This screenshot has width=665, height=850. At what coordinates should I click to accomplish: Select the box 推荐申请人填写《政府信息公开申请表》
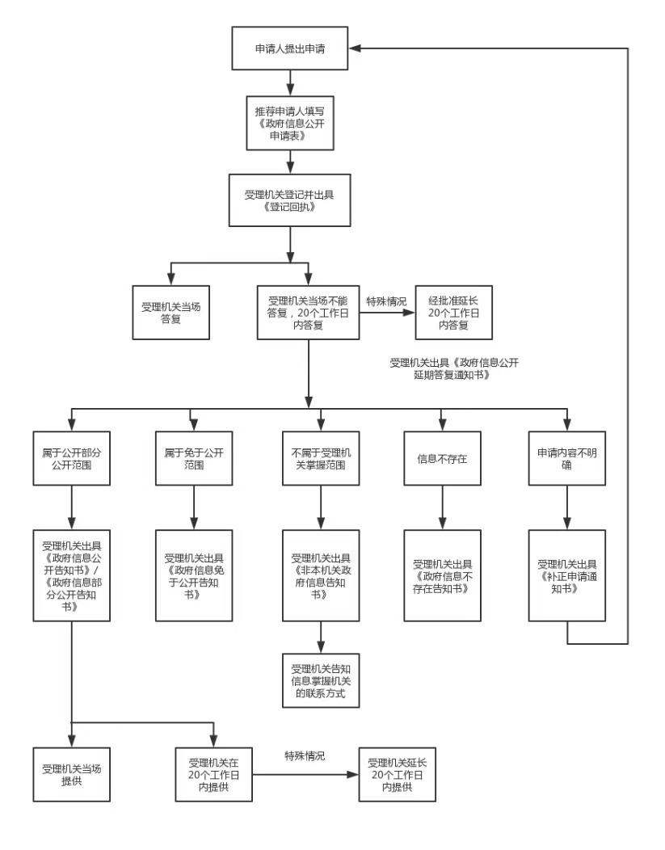290,123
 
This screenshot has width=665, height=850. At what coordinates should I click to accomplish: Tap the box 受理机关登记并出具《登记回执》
290,200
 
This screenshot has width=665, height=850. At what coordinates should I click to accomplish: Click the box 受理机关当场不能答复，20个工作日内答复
309,313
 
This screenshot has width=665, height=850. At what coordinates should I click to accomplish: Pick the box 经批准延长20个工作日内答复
452,313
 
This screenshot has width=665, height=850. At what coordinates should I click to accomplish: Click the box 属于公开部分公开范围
72,459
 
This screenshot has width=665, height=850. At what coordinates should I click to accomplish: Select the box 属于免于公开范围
194,459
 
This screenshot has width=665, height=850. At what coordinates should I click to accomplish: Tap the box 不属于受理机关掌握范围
322,459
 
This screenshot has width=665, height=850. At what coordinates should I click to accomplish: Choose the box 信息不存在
442,459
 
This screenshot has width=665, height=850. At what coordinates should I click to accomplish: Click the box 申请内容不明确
567,459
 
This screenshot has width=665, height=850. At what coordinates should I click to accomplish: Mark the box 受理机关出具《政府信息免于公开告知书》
194,574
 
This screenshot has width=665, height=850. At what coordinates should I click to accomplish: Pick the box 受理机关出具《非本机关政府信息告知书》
322,574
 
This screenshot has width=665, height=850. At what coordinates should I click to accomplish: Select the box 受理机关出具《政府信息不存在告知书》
442,574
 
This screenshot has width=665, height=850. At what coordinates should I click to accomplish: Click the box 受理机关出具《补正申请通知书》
567,574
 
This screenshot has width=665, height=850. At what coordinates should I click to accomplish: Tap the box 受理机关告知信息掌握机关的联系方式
322,681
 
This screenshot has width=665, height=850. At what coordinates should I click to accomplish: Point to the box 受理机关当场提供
72,773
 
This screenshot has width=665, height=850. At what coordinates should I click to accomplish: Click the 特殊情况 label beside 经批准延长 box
386,301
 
